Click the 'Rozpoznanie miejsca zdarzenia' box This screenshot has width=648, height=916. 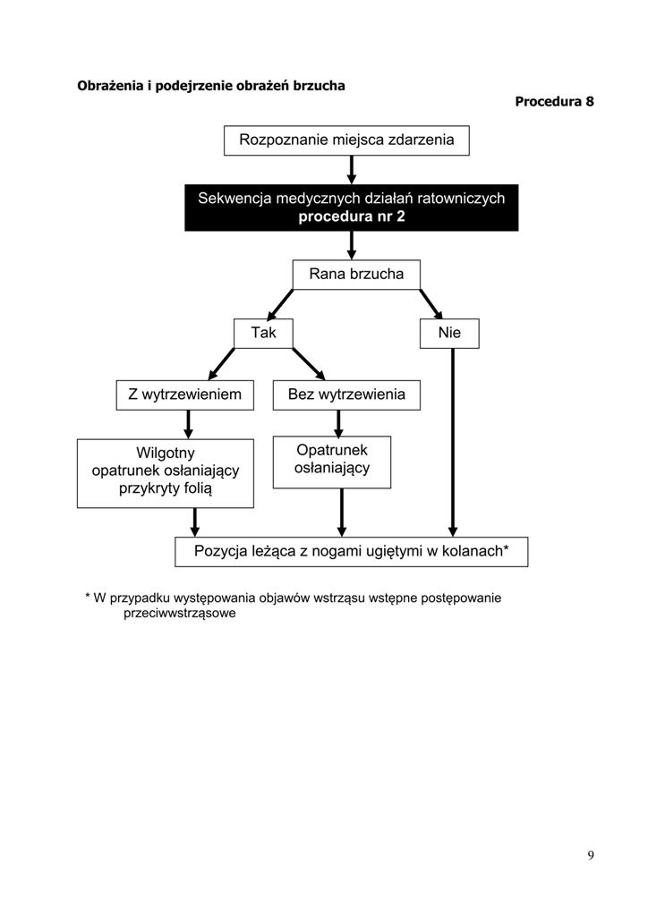(346, 140)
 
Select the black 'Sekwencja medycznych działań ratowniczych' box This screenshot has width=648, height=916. (351, 208)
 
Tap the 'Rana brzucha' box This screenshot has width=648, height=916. (356, 275)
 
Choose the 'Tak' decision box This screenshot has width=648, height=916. (263, 334)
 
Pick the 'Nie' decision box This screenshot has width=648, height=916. (449, 334)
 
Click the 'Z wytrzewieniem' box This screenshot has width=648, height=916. (184, 394)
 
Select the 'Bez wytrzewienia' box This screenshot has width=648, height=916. (346, 394)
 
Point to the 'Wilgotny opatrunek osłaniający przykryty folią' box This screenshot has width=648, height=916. (166, 473)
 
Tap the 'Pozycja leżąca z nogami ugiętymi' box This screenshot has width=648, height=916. (351, 551)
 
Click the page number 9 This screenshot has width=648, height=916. (591, 855)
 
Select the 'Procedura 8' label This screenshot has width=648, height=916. (554, 102)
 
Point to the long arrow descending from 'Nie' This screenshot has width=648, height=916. (453, 442)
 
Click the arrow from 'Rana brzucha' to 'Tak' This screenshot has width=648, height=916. (280, 304)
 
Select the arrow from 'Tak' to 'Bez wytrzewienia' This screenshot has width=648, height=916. (309, 364)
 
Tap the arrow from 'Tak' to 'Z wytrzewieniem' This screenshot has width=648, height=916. (221, 364)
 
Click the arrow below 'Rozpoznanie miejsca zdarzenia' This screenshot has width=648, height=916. (351, 170)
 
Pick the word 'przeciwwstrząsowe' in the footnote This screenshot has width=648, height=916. (179, 614)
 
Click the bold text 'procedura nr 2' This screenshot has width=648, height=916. (351, 216)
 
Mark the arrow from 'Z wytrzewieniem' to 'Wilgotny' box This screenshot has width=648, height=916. (188, 425)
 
